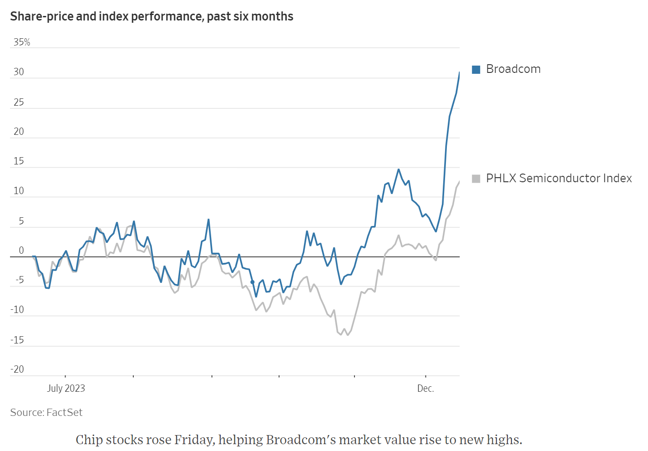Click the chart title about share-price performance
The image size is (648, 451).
pos(152,16)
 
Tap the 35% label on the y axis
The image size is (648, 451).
pos(22,42)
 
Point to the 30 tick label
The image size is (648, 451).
pos(19,72)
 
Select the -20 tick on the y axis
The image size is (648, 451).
pos(17,369)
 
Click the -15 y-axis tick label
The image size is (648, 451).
pos(17,340)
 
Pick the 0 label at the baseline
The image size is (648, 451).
pos(21,251)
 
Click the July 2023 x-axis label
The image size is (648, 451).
pos(66,388)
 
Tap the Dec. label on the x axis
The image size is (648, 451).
pos(425,388)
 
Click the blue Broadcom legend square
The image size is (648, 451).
pos(476,69)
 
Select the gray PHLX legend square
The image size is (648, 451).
pos(476,179)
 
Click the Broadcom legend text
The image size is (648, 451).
pos(513,69)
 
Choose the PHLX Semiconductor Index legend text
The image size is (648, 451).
pos(559,179)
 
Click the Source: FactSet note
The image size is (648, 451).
pos(46,412)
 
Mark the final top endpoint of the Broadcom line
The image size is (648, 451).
pos(459,72)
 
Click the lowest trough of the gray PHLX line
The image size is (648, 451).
pos(348,335)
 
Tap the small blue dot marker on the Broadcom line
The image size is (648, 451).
pos(253,282)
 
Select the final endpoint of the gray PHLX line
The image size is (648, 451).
pos(459,181)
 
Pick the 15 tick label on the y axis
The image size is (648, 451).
pos(19,161)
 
